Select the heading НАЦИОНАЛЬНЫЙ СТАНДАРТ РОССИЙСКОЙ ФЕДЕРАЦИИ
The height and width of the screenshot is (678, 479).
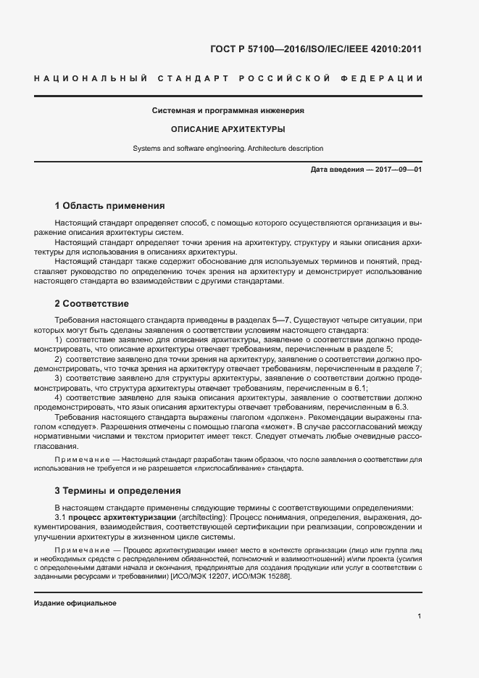(x=228, y=78)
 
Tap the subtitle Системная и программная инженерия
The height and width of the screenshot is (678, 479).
(x=228, y=111)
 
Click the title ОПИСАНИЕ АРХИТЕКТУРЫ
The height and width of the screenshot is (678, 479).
(x=228, y=130)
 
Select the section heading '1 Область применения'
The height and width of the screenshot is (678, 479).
(x=109, y=206)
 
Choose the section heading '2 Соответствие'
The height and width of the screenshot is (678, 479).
(x=93, y=302)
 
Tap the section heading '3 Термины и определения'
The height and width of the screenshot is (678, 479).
(x=117, y=491)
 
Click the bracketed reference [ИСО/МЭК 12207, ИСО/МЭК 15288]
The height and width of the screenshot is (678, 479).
(x=230, y=576)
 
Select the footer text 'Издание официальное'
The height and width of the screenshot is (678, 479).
(x=75, y=603)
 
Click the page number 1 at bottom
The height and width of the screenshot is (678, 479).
(x=420, y=616)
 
